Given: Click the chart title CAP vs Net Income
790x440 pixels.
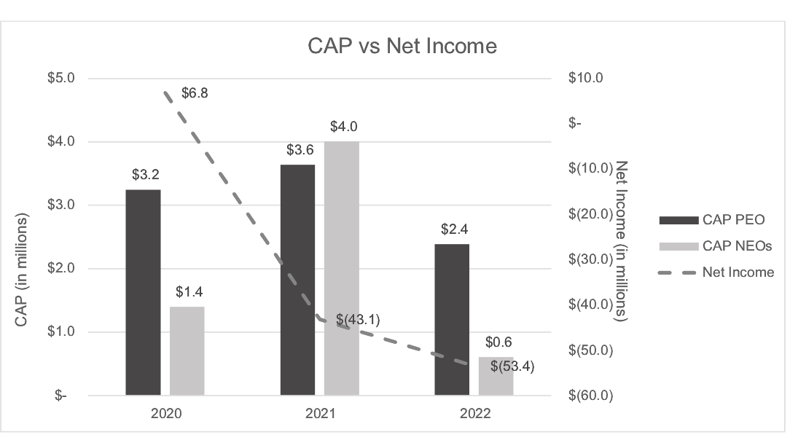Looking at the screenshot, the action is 402,46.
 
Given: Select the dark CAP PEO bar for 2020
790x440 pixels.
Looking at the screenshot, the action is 143,293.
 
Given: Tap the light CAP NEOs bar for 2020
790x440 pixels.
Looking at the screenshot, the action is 187,351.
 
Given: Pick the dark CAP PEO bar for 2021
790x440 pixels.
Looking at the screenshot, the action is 298,280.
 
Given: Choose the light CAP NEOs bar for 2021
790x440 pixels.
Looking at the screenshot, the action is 342,268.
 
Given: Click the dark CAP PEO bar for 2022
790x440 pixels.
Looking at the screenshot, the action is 452,320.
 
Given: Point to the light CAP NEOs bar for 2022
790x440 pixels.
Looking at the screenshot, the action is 496,376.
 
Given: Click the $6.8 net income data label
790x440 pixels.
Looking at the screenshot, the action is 195,93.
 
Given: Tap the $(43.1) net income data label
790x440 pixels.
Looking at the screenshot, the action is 359,320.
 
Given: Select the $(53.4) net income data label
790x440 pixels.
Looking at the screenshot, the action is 512,366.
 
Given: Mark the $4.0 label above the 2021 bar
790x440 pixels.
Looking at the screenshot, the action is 343,126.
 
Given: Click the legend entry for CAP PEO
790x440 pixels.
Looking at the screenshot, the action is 712,219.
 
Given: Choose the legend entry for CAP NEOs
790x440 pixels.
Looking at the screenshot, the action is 716,245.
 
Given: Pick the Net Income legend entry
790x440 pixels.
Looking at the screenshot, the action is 716,272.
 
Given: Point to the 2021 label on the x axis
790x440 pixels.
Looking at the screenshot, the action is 321,413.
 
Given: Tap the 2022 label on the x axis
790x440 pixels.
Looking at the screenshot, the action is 475,413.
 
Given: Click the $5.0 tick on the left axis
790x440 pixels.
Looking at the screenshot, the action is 61,77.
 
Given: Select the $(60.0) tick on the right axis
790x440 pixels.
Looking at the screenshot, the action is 590,395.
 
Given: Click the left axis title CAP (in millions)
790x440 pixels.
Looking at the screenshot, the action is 20,270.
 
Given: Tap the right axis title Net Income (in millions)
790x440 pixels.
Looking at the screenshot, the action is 621,241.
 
